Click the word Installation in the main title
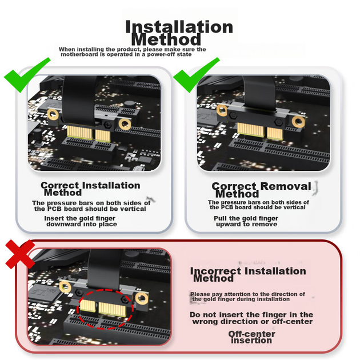click(179, 27)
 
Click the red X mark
click(20, 254)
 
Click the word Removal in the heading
click(286, 186)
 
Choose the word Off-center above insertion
click(251, 334)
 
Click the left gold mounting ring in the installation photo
click(53, 114)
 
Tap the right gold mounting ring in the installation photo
click(125, 124)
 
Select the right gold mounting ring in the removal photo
click(298, 122)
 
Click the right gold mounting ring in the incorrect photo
click(142, 298)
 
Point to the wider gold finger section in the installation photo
click(79, 133)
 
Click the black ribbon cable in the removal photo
click(259, 92)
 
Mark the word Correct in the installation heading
click(59, 185)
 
